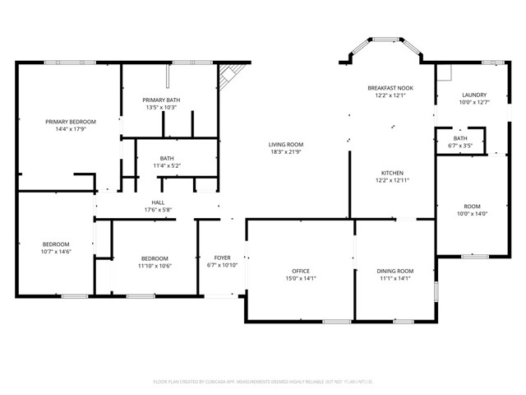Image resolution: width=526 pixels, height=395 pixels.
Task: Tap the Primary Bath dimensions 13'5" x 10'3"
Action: click(162, 108)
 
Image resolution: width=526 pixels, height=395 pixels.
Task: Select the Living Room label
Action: click(286, 144)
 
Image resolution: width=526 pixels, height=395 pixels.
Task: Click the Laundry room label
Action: click(473, 95)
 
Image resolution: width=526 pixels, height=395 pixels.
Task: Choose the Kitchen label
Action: click(392, 173)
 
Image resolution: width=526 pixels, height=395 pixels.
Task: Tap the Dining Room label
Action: click(394, 271)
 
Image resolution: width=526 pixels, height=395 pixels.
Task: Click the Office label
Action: click(300, 271)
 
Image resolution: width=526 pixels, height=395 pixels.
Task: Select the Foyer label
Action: click(222, 258)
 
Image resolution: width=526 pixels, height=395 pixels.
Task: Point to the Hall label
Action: click(158, 202)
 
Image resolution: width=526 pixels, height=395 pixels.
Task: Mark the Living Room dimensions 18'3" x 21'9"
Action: click(286, 151)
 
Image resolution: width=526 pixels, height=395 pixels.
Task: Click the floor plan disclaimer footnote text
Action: click(263, 381)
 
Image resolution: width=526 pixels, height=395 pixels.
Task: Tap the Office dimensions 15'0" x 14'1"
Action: click(300, 278)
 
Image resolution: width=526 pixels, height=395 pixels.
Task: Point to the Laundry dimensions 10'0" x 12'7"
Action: click(473, 102)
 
